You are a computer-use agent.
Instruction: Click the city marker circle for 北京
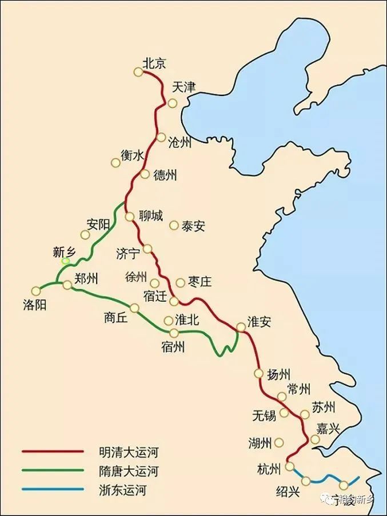(x=138, y=72)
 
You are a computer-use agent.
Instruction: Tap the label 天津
(x=184, y=87)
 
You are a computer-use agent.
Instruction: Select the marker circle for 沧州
(x=161, y=137)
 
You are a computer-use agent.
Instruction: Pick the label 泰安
(x=193, y=226)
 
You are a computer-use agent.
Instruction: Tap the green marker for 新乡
(x=66, y=261)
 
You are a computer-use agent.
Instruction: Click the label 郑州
(x=86, y=279)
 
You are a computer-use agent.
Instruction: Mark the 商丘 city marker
(x=134, y=308)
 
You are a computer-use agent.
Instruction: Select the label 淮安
(x=259, y=322)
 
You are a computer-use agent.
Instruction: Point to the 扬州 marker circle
(x=257, y=374)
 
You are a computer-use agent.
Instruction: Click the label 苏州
(x=324, y=408)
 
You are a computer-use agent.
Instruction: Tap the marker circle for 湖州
(x=279, y=442)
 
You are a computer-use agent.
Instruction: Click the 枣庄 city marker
(x=181, y=282)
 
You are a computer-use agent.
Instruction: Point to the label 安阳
(x=98, y=225)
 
